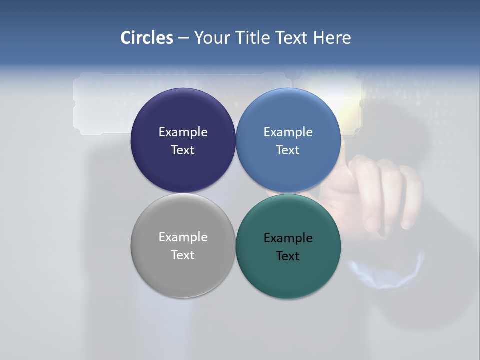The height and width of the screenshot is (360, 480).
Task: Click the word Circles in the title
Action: coord(147,38)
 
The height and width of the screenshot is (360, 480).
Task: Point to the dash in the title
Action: coord(183,38)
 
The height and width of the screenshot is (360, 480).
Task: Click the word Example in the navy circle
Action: coord(183,132)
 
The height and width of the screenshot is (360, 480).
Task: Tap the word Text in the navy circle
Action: coord(183,150)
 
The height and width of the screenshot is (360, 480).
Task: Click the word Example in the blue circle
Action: coord(288,132)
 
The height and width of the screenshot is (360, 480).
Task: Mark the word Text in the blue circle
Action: coord(288,150)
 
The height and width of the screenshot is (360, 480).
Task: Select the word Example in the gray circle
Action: coord(183,237)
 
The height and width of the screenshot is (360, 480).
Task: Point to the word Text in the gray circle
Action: coord(183,255)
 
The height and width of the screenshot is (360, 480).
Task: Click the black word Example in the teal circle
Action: coord(288,238)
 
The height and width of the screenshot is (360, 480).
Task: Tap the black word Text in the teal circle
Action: coord(288,256)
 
